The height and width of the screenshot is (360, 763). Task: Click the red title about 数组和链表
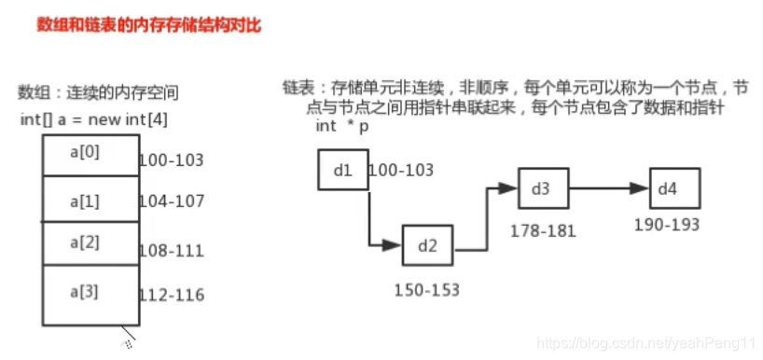(147, 26)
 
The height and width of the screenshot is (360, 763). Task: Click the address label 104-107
(171, 201)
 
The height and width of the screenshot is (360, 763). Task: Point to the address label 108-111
(171, 251)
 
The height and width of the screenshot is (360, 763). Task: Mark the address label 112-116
(171, 296)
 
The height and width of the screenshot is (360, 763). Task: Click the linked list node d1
(341, 170)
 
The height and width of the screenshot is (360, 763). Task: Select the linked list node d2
(427, 246)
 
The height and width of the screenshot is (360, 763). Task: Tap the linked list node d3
(543, 188)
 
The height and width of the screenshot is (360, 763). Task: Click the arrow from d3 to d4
(608, 188)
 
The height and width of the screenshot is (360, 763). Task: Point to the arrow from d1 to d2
(371, 224)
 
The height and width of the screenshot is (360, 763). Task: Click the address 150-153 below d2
(427, 290)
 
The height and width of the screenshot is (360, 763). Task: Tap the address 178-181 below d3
(543, 230)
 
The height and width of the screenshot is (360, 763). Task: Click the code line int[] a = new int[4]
(93, 120)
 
